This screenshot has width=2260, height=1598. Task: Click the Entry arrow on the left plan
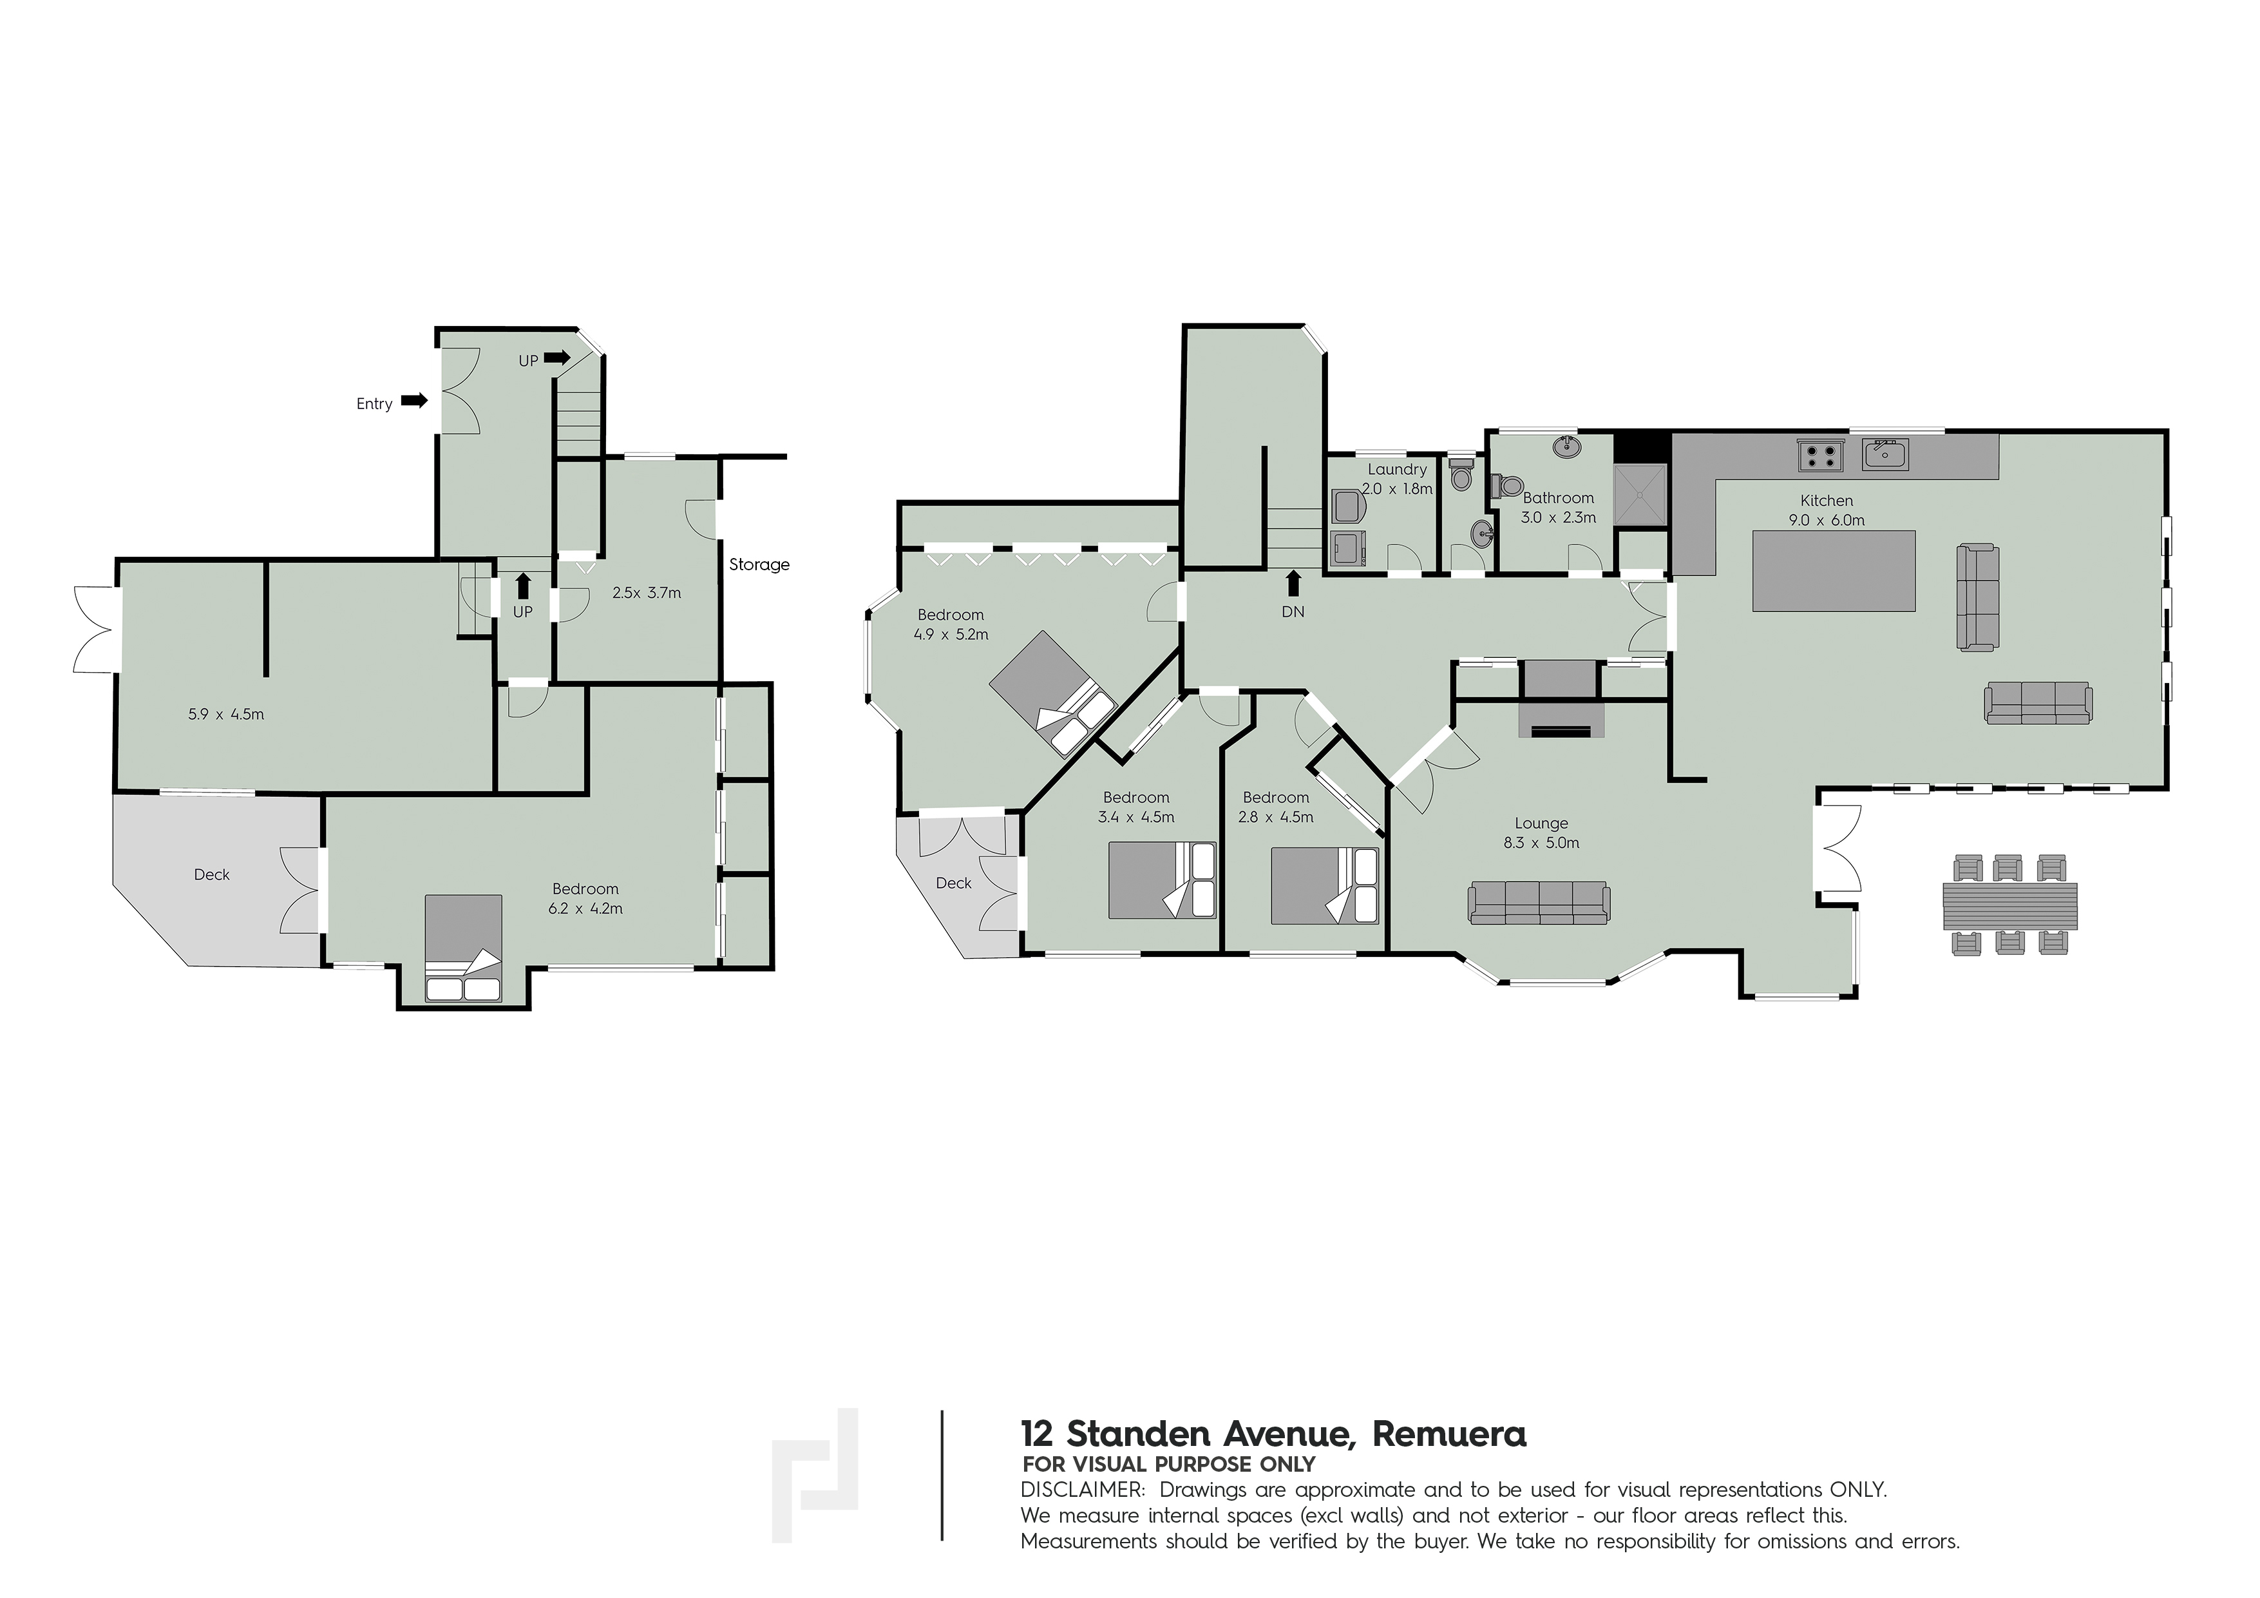414,401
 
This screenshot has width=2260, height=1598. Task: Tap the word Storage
759,564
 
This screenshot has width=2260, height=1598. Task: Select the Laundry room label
1397,470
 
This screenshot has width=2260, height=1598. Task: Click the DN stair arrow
1293,584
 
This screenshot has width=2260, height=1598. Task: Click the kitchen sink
1885,455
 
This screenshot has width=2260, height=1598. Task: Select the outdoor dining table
2010,905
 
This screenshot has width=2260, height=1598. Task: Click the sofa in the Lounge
1539,903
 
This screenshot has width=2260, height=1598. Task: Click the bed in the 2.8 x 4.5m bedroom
1325,886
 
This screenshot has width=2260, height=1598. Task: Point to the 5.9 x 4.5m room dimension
227,714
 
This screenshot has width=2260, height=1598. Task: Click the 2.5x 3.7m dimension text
647,593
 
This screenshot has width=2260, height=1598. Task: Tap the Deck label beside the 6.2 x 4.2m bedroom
212,874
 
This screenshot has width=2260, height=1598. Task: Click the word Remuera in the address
1449,1434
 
